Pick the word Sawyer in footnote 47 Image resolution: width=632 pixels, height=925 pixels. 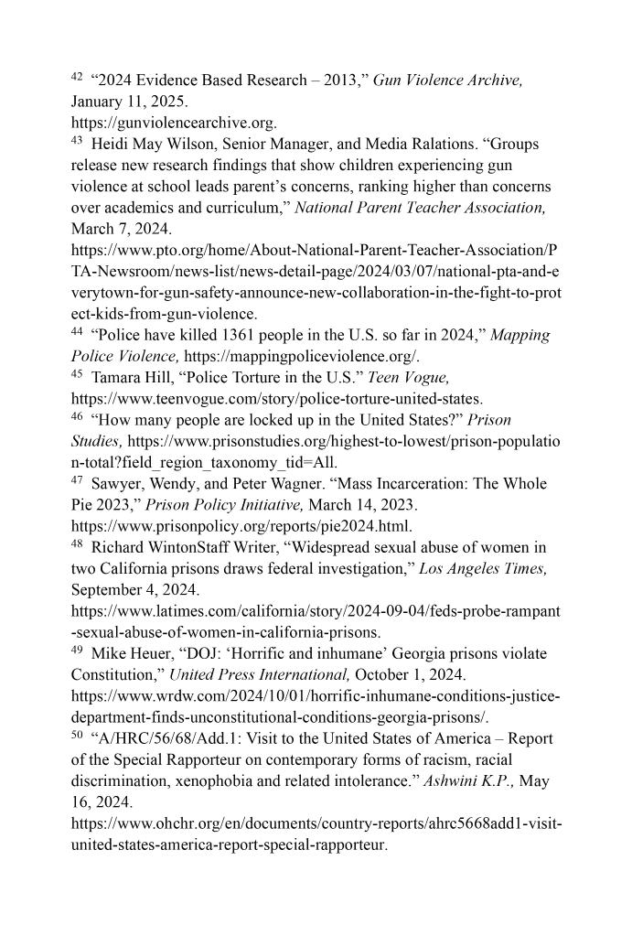coord(117,483)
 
